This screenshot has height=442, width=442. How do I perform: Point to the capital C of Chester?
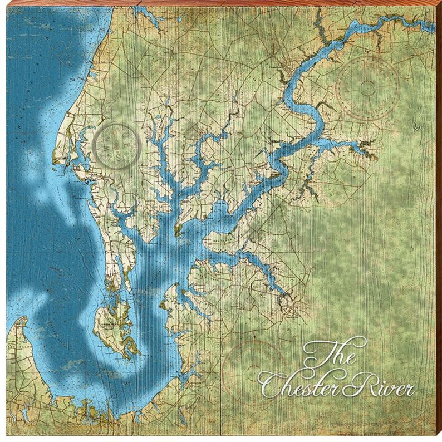[273, 384]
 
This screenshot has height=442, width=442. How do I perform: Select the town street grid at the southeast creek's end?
[287, 303]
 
